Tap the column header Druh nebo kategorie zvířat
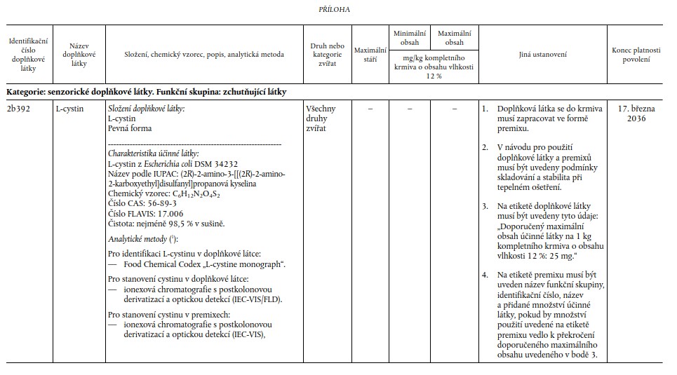[x=327, y=54]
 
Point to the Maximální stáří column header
[x=370, y=54]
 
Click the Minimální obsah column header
[x=410, y=38]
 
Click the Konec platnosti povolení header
[x=636, y=54]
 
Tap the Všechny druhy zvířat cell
[x=321, y=118]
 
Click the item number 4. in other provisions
[x=485, y=276]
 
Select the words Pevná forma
[x=130, y=129]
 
